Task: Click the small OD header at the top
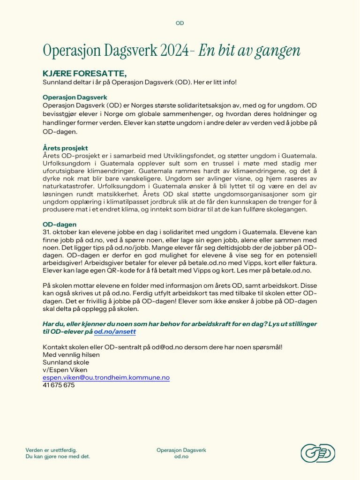[x=180, y=23]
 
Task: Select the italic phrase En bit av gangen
[x=249, y=51]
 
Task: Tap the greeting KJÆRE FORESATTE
[x=84, y=74]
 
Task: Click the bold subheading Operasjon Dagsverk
[x=75, y=97]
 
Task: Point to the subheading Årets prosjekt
[x=65, y=148]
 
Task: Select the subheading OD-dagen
[x=60, y=225]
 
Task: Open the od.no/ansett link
[x=115, y=331]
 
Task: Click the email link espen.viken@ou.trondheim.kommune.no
[x=106, y=377]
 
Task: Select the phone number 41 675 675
[x=59, y=385]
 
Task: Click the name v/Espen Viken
[x=65, y=370]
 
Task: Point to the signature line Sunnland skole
[x=66, y=362]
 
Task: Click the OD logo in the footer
[x=317, y=453]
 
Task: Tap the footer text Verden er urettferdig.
[x=51, y=450]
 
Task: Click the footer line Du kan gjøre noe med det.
[x=58, y=457]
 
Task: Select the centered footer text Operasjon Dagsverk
[x=181, y=450]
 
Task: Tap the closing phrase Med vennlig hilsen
[x=71, y=355]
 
